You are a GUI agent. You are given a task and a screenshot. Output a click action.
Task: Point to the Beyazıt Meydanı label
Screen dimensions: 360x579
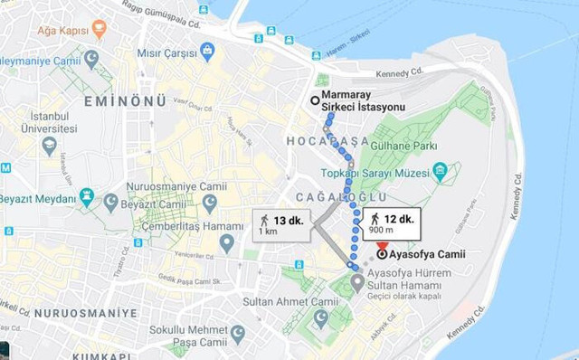click(38, 198)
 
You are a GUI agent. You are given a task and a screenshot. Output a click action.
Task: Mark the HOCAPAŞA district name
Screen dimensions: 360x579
click(327, 141)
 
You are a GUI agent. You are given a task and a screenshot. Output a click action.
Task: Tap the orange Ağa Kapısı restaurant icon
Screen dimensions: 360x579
click(99, 30)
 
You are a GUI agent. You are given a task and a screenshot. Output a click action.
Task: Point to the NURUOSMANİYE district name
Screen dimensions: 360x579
click(76, 313)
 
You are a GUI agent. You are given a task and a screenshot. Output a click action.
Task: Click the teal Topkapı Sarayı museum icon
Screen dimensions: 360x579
click(440, 171)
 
